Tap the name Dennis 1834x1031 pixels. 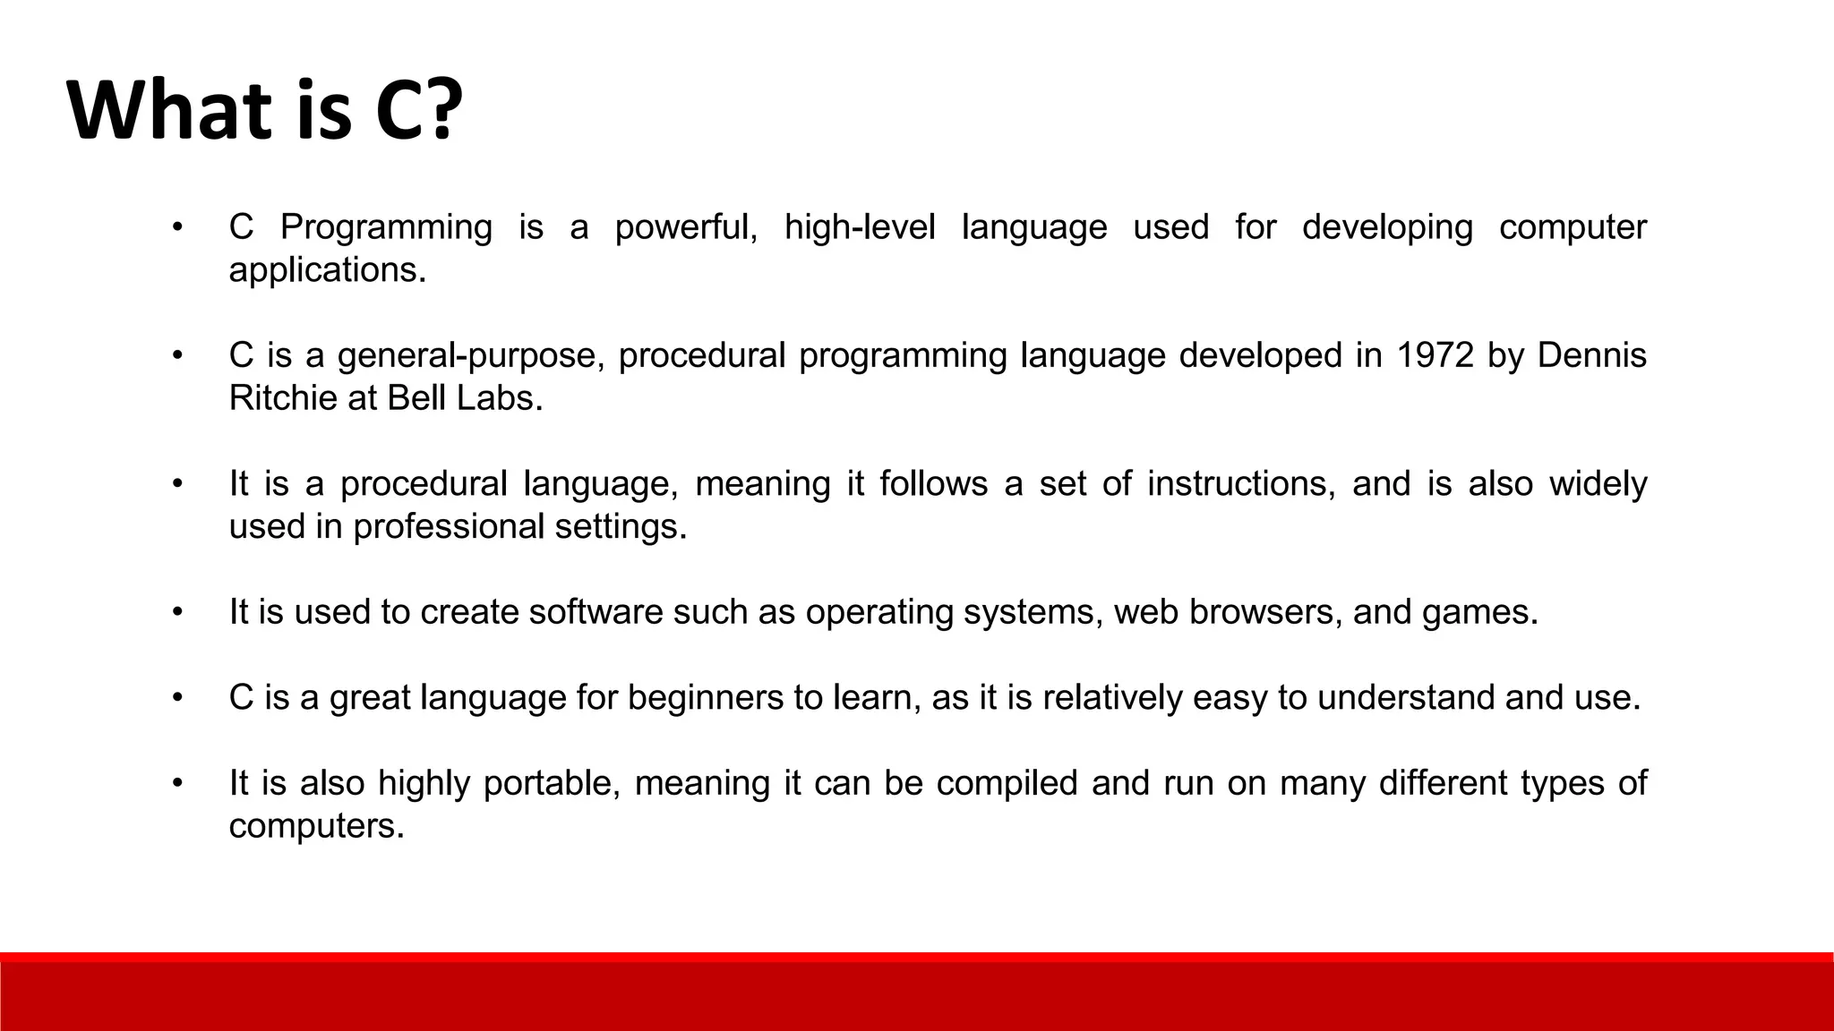1591,355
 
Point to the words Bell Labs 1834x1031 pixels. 464,397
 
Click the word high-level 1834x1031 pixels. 859,227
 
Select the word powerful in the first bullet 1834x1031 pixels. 685,227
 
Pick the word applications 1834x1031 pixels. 327,269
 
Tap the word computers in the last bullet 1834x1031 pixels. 316,825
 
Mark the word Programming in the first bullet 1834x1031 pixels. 386,227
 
